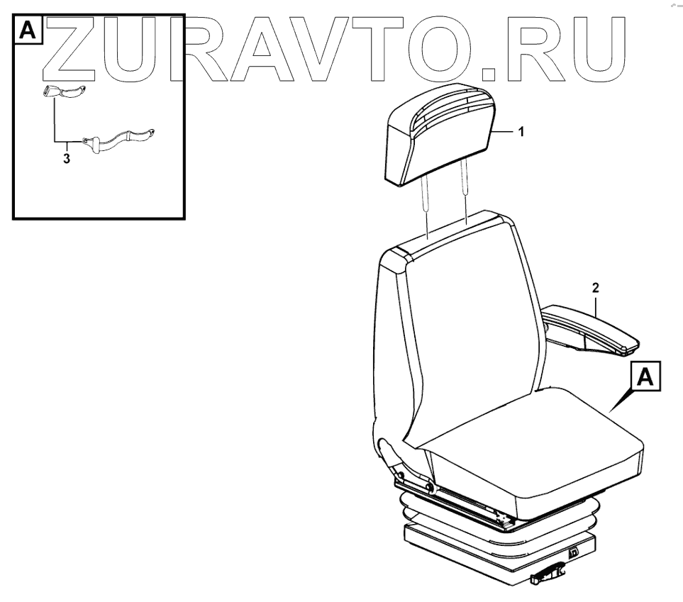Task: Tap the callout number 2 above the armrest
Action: (x=596, y=288)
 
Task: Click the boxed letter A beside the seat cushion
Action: (x=645, y=377)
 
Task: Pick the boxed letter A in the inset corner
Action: (x=27, y=30)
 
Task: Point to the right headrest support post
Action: (x=465, y=192)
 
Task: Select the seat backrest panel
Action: (x=468, y=319)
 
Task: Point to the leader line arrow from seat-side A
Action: (x=621, y=401)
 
